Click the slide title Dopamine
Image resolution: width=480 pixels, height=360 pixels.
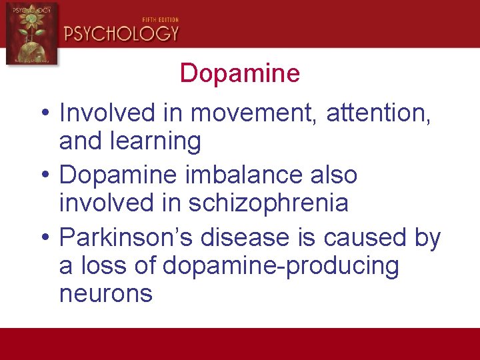tap(240, 73)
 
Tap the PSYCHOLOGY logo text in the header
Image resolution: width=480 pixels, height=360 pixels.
tap(121, 33)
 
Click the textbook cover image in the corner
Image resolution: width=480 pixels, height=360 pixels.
tap(31, 33)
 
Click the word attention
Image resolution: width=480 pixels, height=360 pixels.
tap(378, 114)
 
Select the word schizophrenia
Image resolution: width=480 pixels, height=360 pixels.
tap(269, 203)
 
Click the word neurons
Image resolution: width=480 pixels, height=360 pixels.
tap(106, 294)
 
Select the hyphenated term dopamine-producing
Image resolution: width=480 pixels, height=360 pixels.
tap(281, 267)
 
